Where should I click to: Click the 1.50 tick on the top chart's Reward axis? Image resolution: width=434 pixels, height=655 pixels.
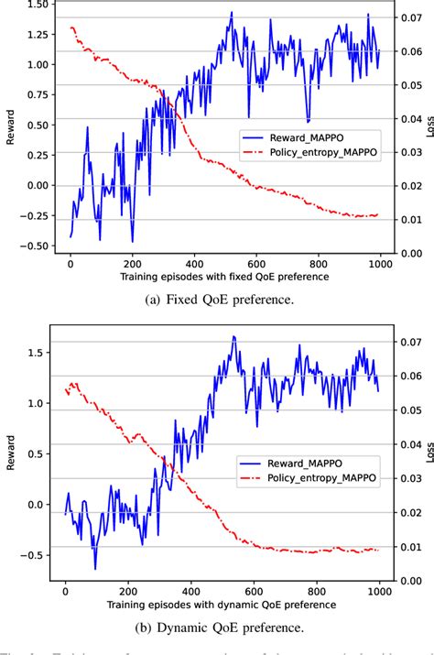click(x=38, y=5)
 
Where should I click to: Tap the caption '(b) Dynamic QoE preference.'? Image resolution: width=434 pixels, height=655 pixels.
click(x=217, y=628)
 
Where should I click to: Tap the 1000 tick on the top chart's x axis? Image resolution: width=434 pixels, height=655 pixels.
click(x=378, y=262)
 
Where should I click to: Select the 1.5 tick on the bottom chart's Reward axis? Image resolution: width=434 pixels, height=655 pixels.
click(x=42, y=353)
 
